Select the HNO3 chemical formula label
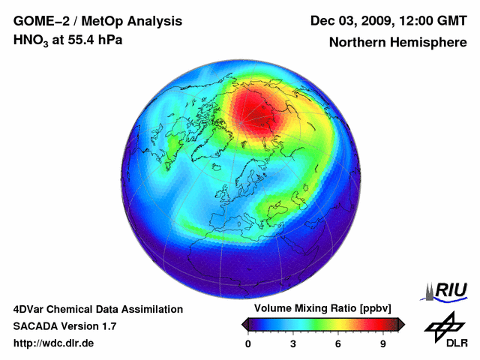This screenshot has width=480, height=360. (31, 40)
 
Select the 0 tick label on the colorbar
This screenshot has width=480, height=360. (248, 344)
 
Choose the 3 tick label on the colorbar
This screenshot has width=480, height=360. (292, 344)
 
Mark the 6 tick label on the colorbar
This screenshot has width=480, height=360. (338, 344)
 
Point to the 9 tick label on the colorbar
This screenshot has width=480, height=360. (382, 344)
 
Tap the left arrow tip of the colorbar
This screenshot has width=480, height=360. (243, 325)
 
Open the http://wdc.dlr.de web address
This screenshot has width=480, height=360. (53, 343)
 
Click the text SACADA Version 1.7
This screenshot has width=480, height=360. (64, 326)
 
